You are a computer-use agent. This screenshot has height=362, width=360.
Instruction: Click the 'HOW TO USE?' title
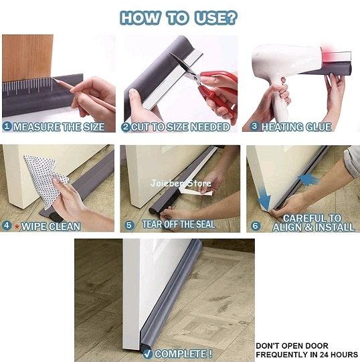click(x=179, y=18)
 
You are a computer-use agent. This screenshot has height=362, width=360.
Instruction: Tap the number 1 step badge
click(x=7, y=126)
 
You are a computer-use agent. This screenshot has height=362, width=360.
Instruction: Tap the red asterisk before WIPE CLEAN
click(x=17, y=227)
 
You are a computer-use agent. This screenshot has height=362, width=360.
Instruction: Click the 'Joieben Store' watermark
click(x=181, y=183)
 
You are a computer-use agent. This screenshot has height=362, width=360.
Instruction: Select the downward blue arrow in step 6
click(x=264, y=198)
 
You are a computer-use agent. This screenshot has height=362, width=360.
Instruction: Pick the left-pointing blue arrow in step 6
click(x=308, y=179)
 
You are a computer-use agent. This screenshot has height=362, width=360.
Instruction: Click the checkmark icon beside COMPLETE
click(x=148, y=353)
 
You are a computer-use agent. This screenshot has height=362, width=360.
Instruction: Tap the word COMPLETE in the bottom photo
click(x=183, y=354)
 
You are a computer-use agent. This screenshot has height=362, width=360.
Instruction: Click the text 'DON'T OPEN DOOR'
click(x=292, y=346)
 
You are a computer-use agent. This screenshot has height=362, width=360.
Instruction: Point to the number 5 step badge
click(x=129, y=225)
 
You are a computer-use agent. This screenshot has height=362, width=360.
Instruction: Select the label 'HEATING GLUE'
click(x=296, y=127)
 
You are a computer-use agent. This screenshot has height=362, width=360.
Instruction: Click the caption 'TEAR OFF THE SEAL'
click(x=179, y=224)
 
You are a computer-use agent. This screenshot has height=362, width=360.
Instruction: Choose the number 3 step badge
click(x=255, y=126)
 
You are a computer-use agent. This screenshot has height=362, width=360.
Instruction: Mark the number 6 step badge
click(x=255, y=225)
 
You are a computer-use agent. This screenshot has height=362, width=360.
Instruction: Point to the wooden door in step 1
click(x=27, y=58)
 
